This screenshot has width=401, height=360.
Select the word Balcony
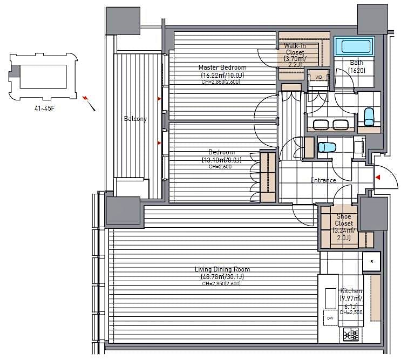(x=135, y=119)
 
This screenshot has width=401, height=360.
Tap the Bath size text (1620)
(x=356, y=70)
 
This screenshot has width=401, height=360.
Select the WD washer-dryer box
(x=318, y=77)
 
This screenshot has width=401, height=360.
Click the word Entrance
(x=323, y=180)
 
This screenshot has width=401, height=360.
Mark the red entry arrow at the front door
(x=379, y=177)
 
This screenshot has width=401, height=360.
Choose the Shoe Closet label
(x=343, y=220)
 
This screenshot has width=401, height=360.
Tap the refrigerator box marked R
(x=371, y=262)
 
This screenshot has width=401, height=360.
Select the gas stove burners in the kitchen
(x=351, y=334)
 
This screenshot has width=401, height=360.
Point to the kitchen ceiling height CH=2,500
(x=351, y=312)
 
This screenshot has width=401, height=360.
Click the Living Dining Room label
(x=222, y=269)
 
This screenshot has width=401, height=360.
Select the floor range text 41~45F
(x=46, y=108)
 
